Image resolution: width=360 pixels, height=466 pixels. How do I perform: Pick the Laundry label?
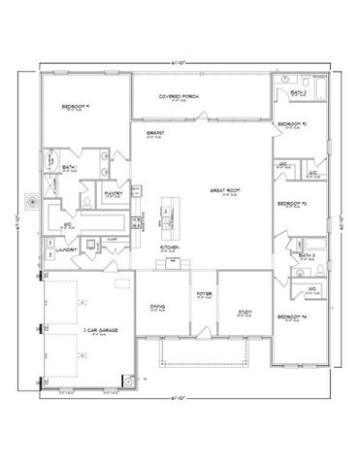pyautogui.click(x=68, y=250)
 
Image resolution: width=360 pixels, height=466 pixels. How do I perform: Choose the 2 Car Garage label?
pyautogui.click(x=100, y=330)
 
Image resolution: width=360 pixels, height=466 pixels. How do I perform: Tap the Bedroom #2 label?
pyautogui.click(x=292, y=125)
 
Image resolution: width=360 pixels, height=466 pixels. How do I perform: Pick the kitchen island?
pyautogui.click(x=172, y=218)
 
